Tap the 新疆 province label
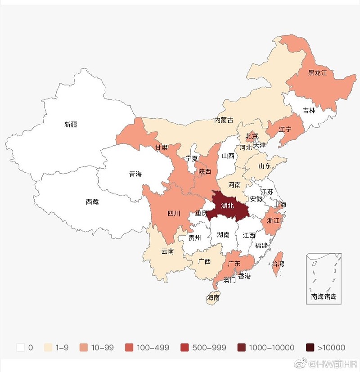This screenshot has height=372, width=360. [71, 125]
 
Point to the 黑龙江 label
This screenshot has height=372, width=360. [317, 72]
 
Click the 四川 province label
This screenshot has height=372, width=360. [174, 213]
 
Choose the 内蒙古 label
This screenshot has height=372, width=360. [224, 120]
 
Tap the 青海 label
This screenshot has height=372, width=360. [135, 174]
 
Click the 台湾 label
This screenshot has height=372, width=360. [278, 264]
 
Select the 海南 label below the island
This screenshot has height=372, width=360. [213, 298]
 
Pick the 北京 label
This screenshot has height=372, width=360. [252, 136]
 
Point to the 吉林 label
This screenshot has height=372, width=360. [309, 110]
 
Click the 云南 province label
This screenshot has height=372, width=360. [167, 251]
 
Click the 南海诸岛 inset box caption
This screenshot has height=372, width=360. [324, 297]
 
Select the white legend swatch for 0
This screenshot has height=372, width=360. [20, 347]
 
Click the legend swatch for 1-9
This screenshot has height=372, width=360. [48, 347]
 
